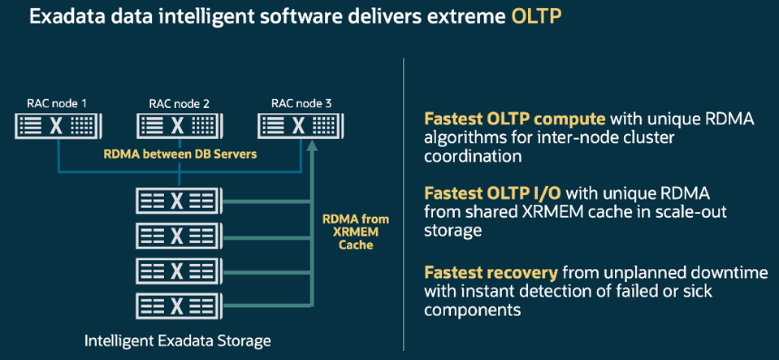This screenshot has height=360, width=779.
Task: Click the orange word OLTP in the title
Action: pos(539,16)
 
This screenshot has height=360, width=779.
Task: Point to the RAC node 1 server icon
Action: pos(56,126)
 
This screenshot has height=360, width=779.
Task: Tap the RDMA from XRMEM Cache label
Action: pos(355,232)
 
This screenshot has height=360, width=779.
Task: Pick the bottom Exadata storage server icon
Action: pos(175,305)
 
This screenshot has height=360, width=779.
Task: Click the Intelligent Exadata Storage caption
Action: pos(177,341)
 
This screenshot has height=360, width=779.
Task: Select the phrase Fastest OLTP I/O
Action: pos(494,193)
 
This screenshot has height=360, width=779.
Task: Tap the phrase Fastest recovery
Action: pos(491,272)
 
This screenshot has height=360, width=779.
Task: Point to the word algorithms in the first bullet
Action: pos(459,137)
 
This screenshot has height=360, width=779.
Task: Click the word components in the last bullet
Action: pos(472,309)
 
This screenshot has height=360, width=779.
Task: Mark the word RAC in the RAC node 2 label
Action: pos(160,103)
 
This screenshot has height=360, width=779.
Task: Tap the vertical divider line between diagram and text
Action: pos(403,203)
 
